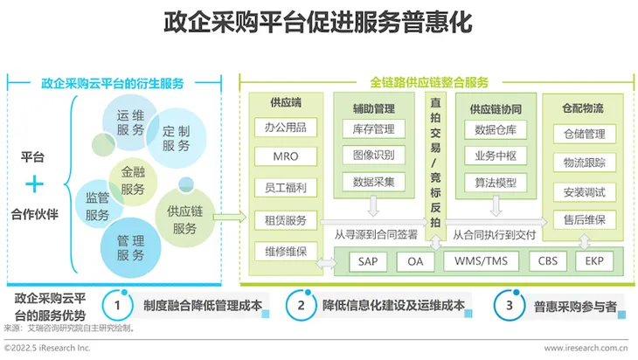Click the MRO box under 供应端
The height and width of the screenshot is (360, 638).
[x=286, y=156]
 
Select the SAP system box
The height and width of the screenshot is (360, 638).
[x=368, y=261]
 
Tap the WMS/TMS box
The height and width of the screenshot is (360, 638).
[x=481, y=261]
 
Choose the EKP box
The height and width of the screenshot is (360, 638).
[x=594, y=261]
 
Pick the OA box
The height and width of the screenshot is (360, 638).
[x=415, y=261]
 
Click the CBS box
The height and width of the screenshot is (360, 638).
[x=548, y=261]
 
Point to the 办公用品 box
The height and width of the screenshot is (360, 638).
[x=286, y=128]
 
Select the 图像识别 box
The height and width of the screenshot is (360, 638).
[x=373, y=155]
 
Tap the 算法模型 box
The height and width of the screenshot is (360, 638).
[x=496, y=183]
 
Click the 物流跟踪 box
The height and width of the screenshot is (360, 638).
[x=585, y=163]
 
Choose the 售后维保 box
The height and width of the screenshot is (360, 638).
[x=585, y=220]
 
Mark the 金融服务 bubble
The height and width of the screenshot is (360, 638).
[x=133, y=182]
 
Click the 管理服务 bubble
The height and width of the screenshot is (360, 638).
[x=130, y=248]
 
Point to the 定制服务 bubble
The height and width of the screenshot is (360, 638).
[x=177, y=138]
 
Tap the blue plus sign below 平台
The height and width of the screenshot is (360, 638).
[x=35, y=184]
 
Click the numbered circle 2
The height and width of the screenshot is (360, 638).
[x=302, y=305]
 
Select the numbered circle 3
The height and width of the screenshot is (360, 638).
[x=509, y=305]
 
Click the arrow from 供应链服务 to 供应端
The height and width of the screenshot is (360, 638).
[x=230, y=218]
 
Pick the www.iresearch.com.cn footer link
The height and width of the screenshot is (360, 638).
[x=586, y=348]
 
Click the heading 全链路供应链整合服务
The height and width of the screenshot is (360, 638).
[x=429, y=83]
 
